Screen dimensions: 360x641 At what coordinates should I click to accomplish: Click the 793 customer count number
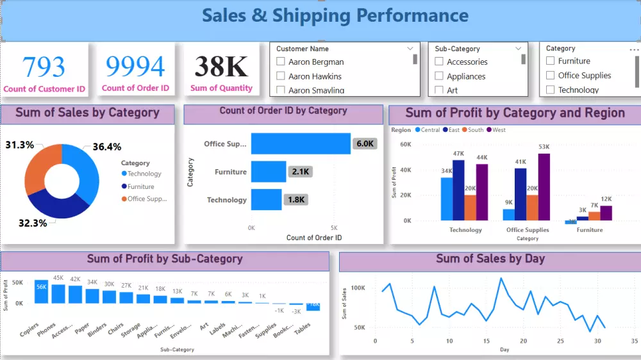44,66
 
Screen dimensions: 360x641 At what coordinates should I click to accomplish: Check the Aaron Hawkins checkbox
280,76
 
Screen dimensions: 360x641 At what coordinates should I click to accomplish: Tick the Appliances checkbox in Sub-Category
439,76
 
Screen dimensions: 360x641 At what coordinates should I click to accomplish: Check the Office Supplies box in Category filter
550,75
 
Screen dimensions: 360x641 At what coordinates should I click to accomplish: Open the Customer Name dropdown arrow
410,49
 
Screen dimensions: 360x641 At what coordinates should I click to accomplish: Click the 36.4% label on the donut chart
107,147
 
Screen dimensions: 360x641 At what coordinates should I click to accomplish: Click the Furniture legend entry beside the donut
140,186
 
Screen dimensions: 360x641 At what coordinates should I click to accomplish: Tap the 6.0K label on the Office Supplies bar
365,143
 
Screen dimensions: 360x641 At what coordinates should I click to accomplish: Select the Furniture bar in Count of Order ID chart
268,172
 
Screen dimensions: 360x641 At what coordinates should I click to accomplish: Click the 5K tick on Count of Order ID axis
334,228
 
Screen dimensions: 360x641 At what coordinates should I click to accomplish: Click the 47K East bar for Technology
458,190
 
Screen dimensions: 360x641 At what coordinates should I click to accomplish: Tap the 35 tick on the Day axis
634,341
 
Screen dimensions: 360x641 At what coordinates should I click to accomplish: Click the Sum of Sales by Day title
490,259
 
